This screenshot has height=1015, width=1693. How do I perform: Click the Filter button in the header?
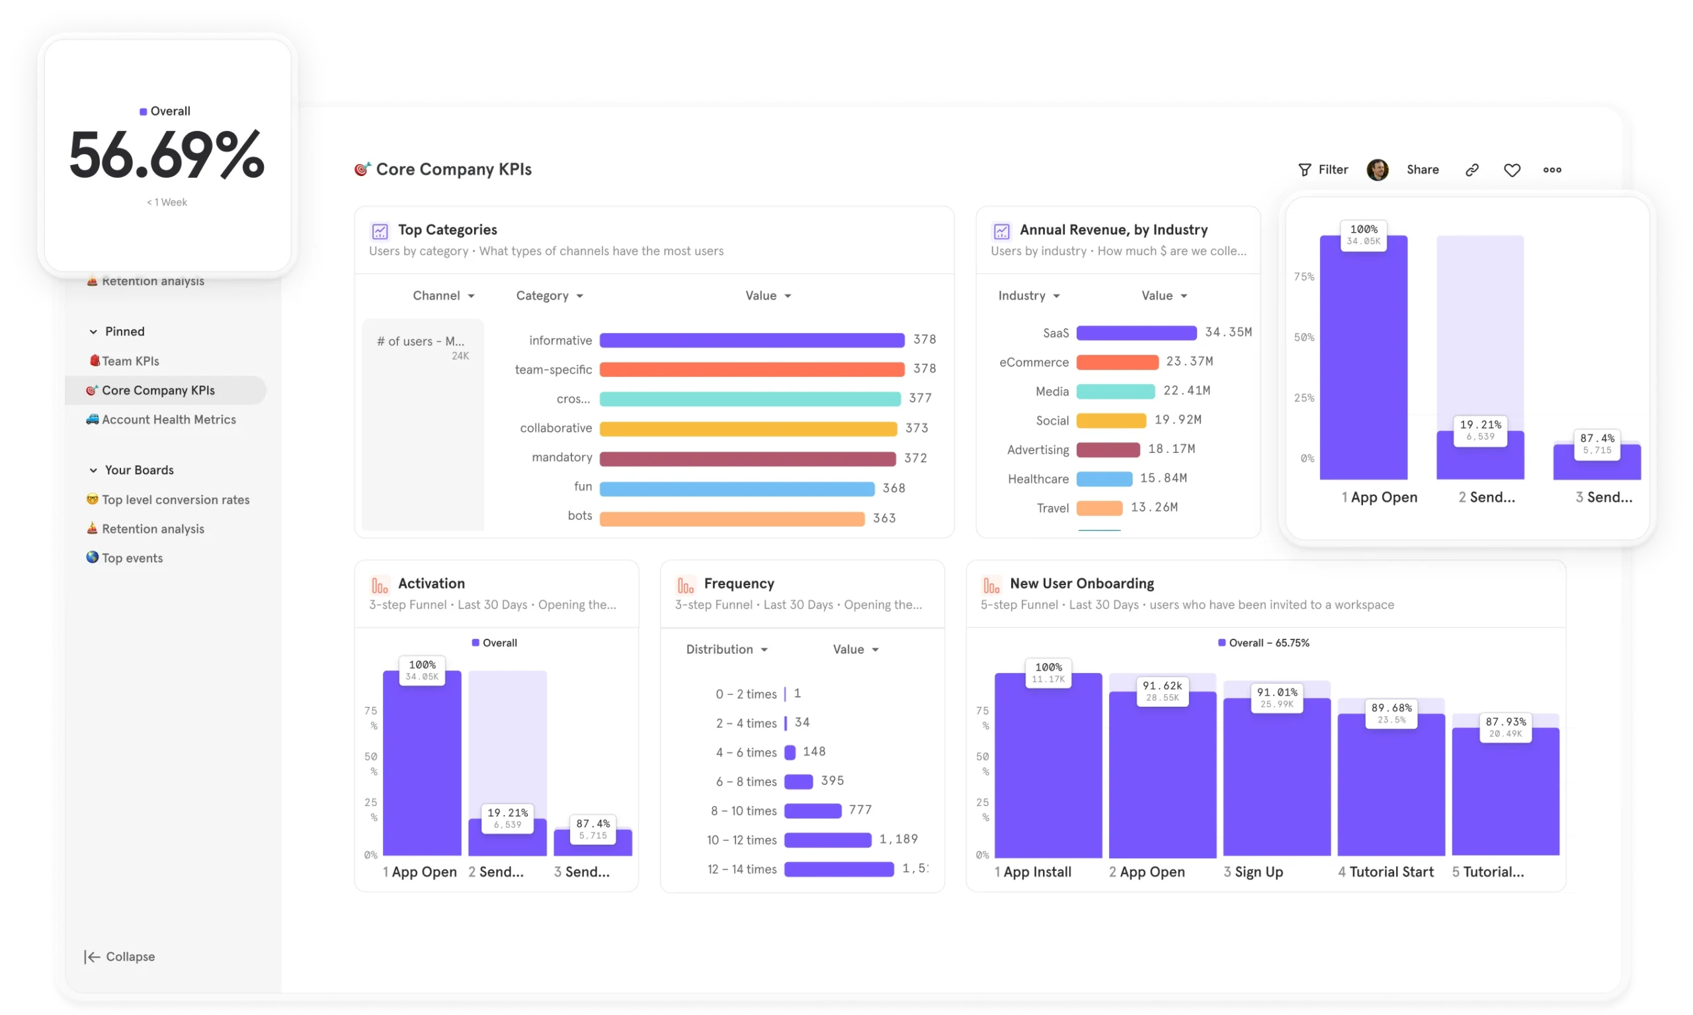coord(1323,170)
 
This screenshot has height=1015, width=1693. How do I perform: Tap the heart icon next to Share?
coord(1512,170)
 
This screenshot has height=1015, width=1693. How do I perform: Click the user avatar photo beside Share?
coord(1377,170)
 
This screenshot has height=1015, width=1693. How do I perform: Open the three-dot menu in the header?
coord(1552,170)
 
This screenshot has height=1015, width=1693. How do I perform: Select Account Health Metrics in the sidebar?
coord(168,419)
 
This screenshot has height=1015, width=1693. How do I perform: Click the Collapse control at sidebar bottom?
coord(120,956)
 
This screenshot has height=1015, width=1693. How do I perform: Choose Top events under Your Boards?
coord(132,558)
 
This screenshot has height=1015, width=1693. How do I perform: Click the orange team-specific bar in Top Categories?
coord(751,370)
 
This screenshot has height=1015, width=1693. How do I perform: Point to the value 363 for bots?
coord(884,518)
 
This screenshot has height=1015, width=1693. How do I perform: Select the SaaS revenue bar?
coord(1136,333)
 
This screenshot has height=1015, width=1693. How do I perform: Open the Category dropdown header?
coord(550,296)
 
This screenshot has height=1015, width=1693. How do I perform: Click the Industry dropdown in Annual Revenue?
coord(1028,296)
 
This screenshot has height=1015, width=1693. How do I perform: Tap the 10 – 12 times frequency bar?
coord(827,840)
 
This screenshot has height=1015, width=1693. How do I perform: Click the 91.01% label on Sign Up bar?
coord(1276,692)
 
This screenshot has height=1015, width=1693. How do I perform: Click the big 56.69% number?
coord(166,155)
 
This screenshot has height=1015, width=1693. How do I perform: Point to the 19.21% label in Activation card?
coord(507,813)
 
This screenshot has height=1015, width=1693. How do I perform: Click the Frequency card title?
coord(739,583)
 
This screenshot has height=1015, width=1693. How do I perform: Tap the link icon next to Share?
coord(1472,170)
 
